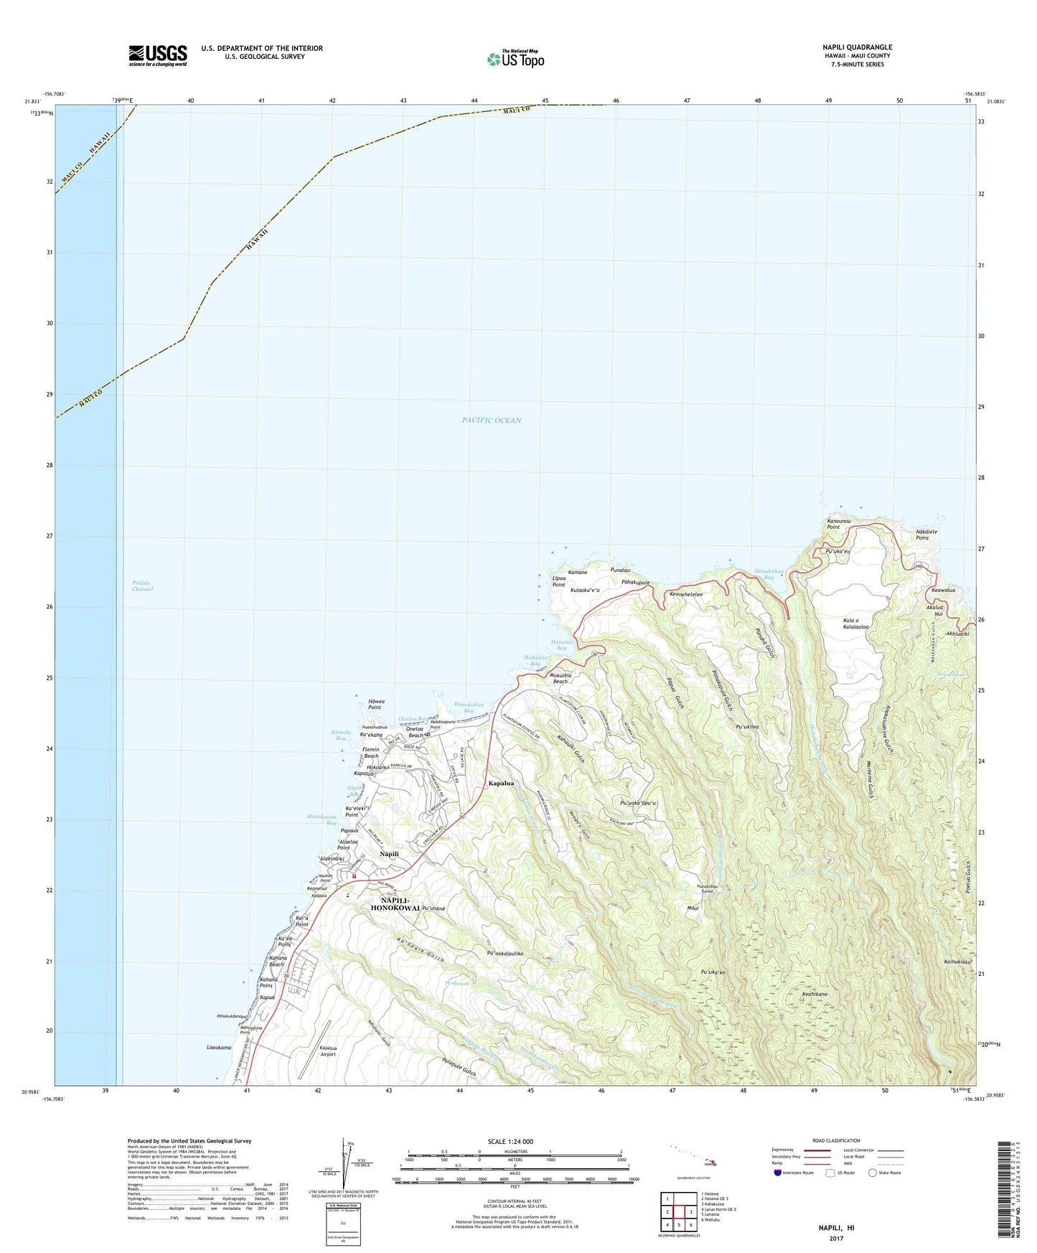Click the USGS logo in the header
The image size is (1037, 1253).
158,55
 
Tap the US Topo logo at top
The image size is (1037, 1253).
515,58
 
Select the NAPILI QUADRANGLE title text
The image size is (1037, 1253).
857,47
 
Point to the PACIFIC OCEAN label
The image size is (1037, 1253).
492,421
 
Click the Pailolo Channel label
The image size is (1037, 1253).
143,586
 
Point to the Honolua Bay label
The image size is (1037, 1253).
558,644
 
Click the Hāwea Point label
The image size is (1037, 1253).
375,704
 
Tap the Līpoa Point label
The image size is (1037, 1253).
559,581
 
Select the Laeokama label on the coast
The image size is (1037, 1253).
219,1048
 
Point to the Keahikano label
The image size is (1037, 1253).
815,995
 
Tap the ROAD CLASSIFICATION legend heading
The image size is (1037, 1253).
837,1140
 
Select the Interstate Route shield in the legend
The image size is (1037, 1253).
778,1173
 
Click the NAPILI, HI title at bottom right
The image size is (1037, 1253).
836,1228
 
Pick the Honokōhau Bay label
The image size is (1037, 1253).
764,574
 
